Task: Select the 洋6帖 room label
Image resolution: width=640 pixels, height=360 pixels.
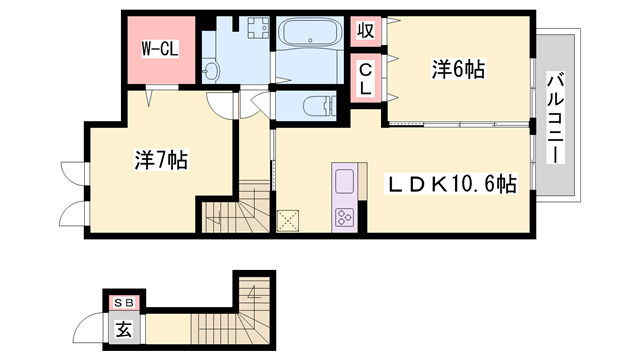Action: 458,69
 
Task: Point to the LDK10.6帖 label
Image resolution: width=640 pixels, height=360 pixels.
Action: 453,184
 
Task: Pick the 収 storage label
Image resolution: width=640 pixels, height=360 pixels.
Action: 366,30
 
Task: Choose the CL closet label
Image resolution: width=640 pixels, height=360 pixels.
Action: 366,79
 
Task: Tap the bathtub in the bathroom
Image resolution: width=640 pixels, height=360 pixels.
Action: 309,38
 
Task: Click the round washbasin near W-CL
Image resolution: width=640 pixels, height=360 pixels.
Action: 211,70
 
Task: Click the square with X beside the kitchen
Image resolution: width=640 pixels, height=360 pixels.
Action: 290,220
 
